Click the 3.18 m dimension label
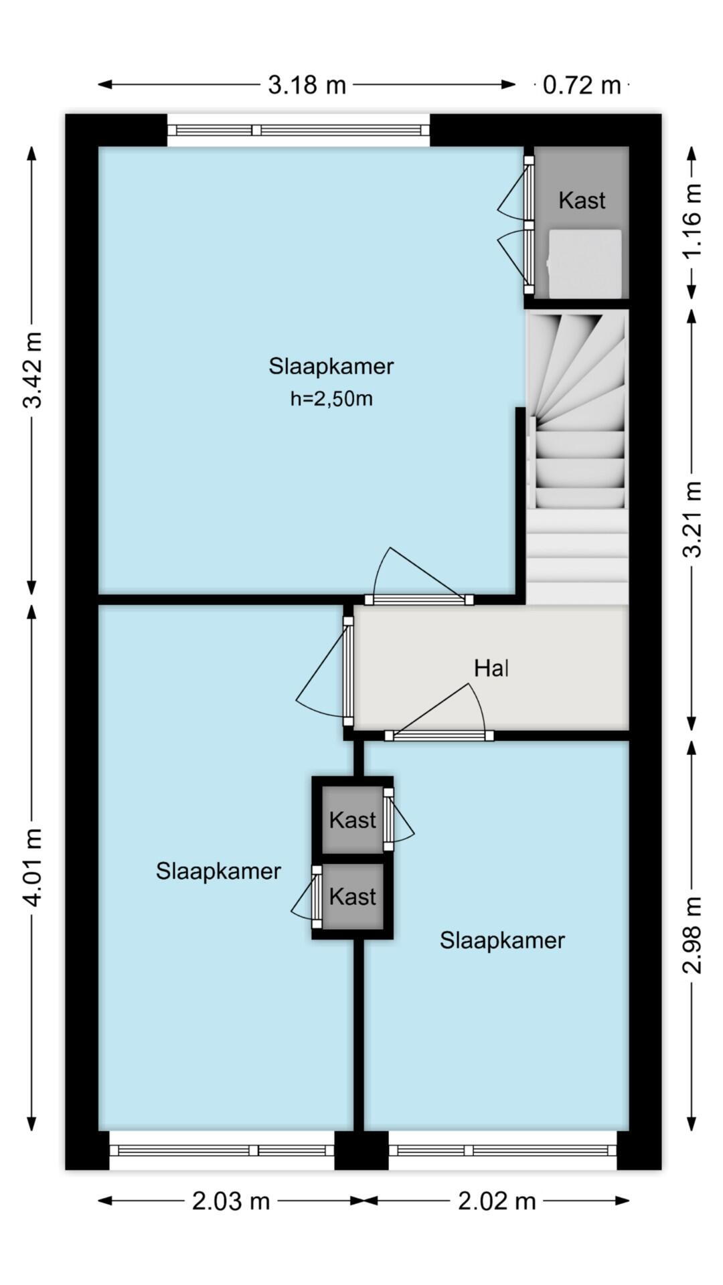(307, 85)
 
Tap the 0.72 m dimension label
(581, 85)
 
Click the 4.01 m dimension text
(32, 867)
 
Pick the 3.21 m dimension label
(692, 519)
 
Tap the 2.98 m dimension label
(692, 934)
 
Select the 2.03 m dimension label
(230, 1201)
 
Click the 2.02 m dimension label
(497, 1201)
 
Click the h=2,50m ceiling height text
(331, 399)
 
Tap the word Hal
(491, 668)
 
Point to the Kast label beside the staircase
(582, 200)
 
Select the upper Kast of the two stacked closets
(353, 819)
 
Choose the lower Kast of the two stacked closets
(353, 896)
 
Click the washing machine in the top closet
(584, 263)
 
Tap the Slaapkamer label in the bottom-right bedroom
(502, 940)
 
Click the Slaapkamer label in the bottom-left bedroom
(218, 871)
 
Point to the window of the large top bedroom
(298, 130)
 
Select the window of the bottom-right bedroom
(502, 1150)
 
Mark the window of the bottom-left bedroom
(222, 1150)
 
